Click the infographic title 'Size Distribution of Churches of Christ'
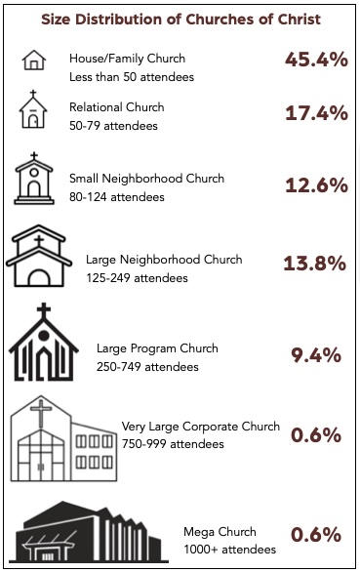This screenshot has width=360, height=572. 180,20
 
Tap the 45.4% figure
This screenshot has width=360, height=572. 317,60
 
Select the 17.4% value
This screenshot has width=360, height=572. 317,113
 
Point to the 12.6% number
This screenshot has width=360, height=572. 317,185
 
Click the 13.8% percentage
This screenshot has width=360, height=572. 315,263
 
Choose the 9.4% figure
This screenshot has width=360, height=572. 316,355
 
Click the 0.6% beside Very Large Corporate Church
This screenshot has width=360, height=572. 316,434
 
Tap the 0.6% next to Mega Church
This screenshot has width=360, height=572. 316,535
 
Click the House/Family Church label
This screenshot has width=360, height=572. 127,59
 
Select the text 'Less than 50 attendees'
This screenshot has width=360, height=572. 132,77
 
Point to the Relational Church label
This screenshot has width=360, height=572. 117,107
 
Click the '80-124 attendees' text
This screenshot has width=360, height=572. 117,197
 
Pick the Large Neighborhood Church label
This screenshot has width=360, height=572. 164,260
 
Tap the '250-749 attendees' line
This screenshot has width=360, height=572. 147,367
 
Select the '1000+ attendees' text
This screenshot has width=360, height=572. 230,549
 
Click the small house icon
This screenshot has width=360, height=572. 34,60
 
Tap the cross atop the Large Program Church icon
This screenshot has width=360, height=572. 43,310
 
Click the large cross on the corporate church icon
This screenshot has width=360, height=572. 41,412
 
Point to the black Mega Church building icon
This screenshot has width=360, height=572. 88,532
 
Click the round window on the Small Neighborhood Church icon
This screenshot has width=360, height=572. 34,172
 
